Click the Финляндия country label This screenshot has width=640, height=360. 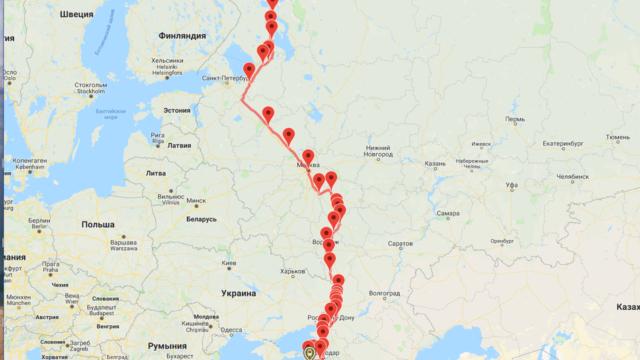coord(182,36)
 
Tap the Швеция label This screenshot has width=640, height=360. coord(76,14)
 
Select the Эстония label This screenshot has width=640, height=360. coord(177,110)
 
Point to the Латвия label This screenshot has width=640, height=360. coord(179,145)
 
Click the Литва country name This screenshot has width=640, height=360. coord(155,173)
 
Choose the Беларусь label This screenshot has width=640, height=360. coord(201,219)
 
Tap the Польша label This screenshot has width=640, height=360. coord(98,224)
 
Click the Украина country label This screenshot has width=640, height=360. coord(238,293)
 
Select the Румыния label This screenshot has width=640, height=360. coord(167,346)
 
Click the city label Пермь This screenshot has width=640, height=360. coord(515,119)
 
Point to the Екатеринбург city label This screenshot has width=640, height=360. coord(563,143)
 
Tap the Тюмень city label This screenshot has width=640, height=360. coord(617,137)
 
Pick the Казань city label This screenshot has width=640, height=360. coord(435,163)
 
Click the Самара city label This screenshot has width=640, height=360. coord(447,213)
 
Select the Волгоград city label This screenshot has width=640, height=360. coord(384,293)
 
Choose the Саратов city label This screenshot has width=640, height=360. coord(400,243)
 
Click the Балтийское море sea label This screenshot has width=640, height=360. coord(111,114)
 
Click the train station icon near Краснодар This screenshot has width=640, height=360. coord(309,353)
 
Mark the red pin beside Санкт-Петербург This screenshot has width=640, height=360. coord(249,70)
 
